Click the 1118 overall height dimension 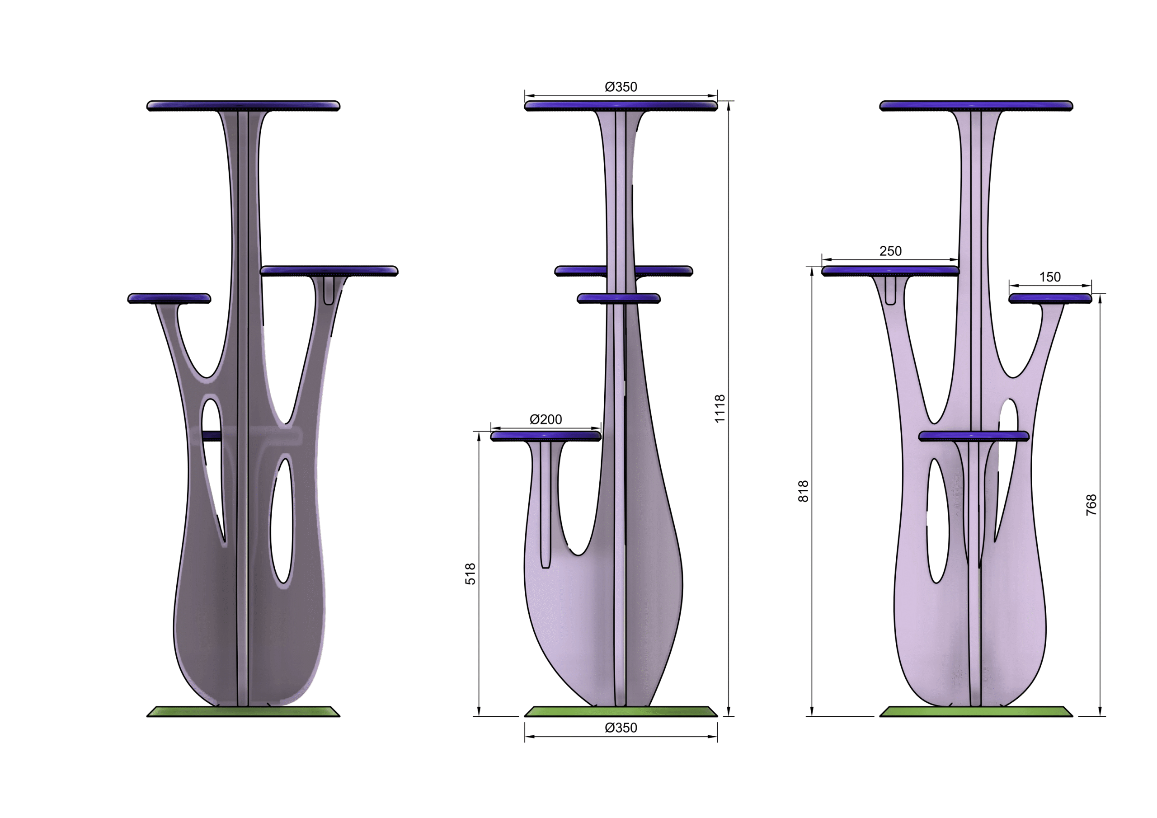(720, 409)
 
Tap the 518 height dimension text (470, 574)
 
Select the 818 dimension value (803, 491)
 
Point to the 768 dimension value (1091, 505)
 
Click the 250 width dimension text (890, 251)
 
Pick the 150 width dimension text (1050, 277)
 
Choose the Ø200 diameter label (546, 419)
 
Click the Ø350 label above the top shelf (621, 87)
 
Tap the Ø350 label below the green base (621, 728)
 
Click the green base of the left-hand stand (244, 711)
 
